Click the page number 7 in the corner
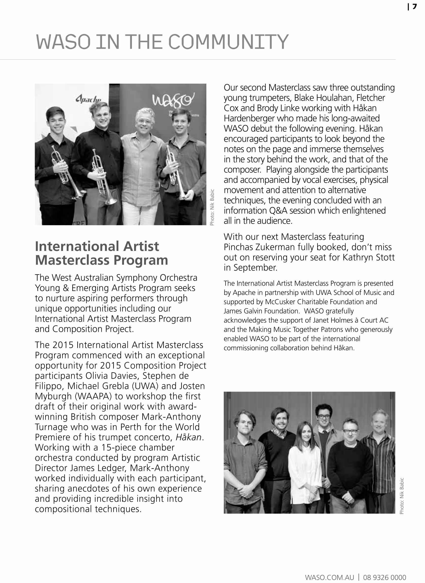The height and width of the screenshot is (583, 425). tap(414, 7)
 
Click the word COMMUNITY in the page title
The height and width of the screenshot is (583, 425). tap(228, 42)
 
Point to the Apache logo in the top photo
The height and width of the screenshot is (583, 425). tap(88, 99)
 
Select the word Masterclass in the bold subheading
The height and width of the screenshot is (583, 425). tap(74, 260)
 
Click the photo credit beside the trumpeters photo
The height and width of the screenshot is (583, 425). tap(212, 207)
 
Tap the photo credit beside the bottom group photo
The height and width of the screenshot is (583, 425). tap(402, 496)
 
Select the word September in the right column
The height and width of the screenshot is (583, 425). tap(255, 268)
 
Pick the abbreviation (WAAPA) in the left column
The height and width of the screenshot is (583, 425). tap(93, 396)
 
